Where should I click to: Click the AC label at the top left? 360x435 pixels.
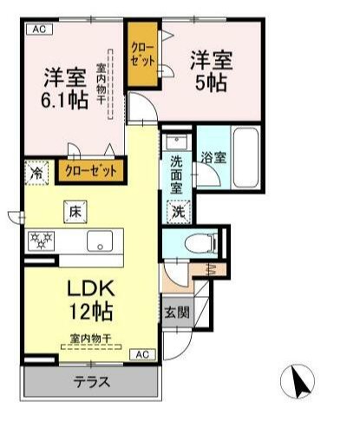point(39,30)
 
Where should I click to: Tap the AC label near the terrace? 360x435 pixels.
point(144,354)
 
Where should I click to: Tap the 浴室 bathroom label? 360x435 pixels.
point(213,159)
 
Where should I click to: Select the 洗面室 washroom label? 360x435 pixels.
point(177,173)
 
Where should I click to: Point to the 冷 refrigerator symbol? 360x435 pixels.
point(36,171)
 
